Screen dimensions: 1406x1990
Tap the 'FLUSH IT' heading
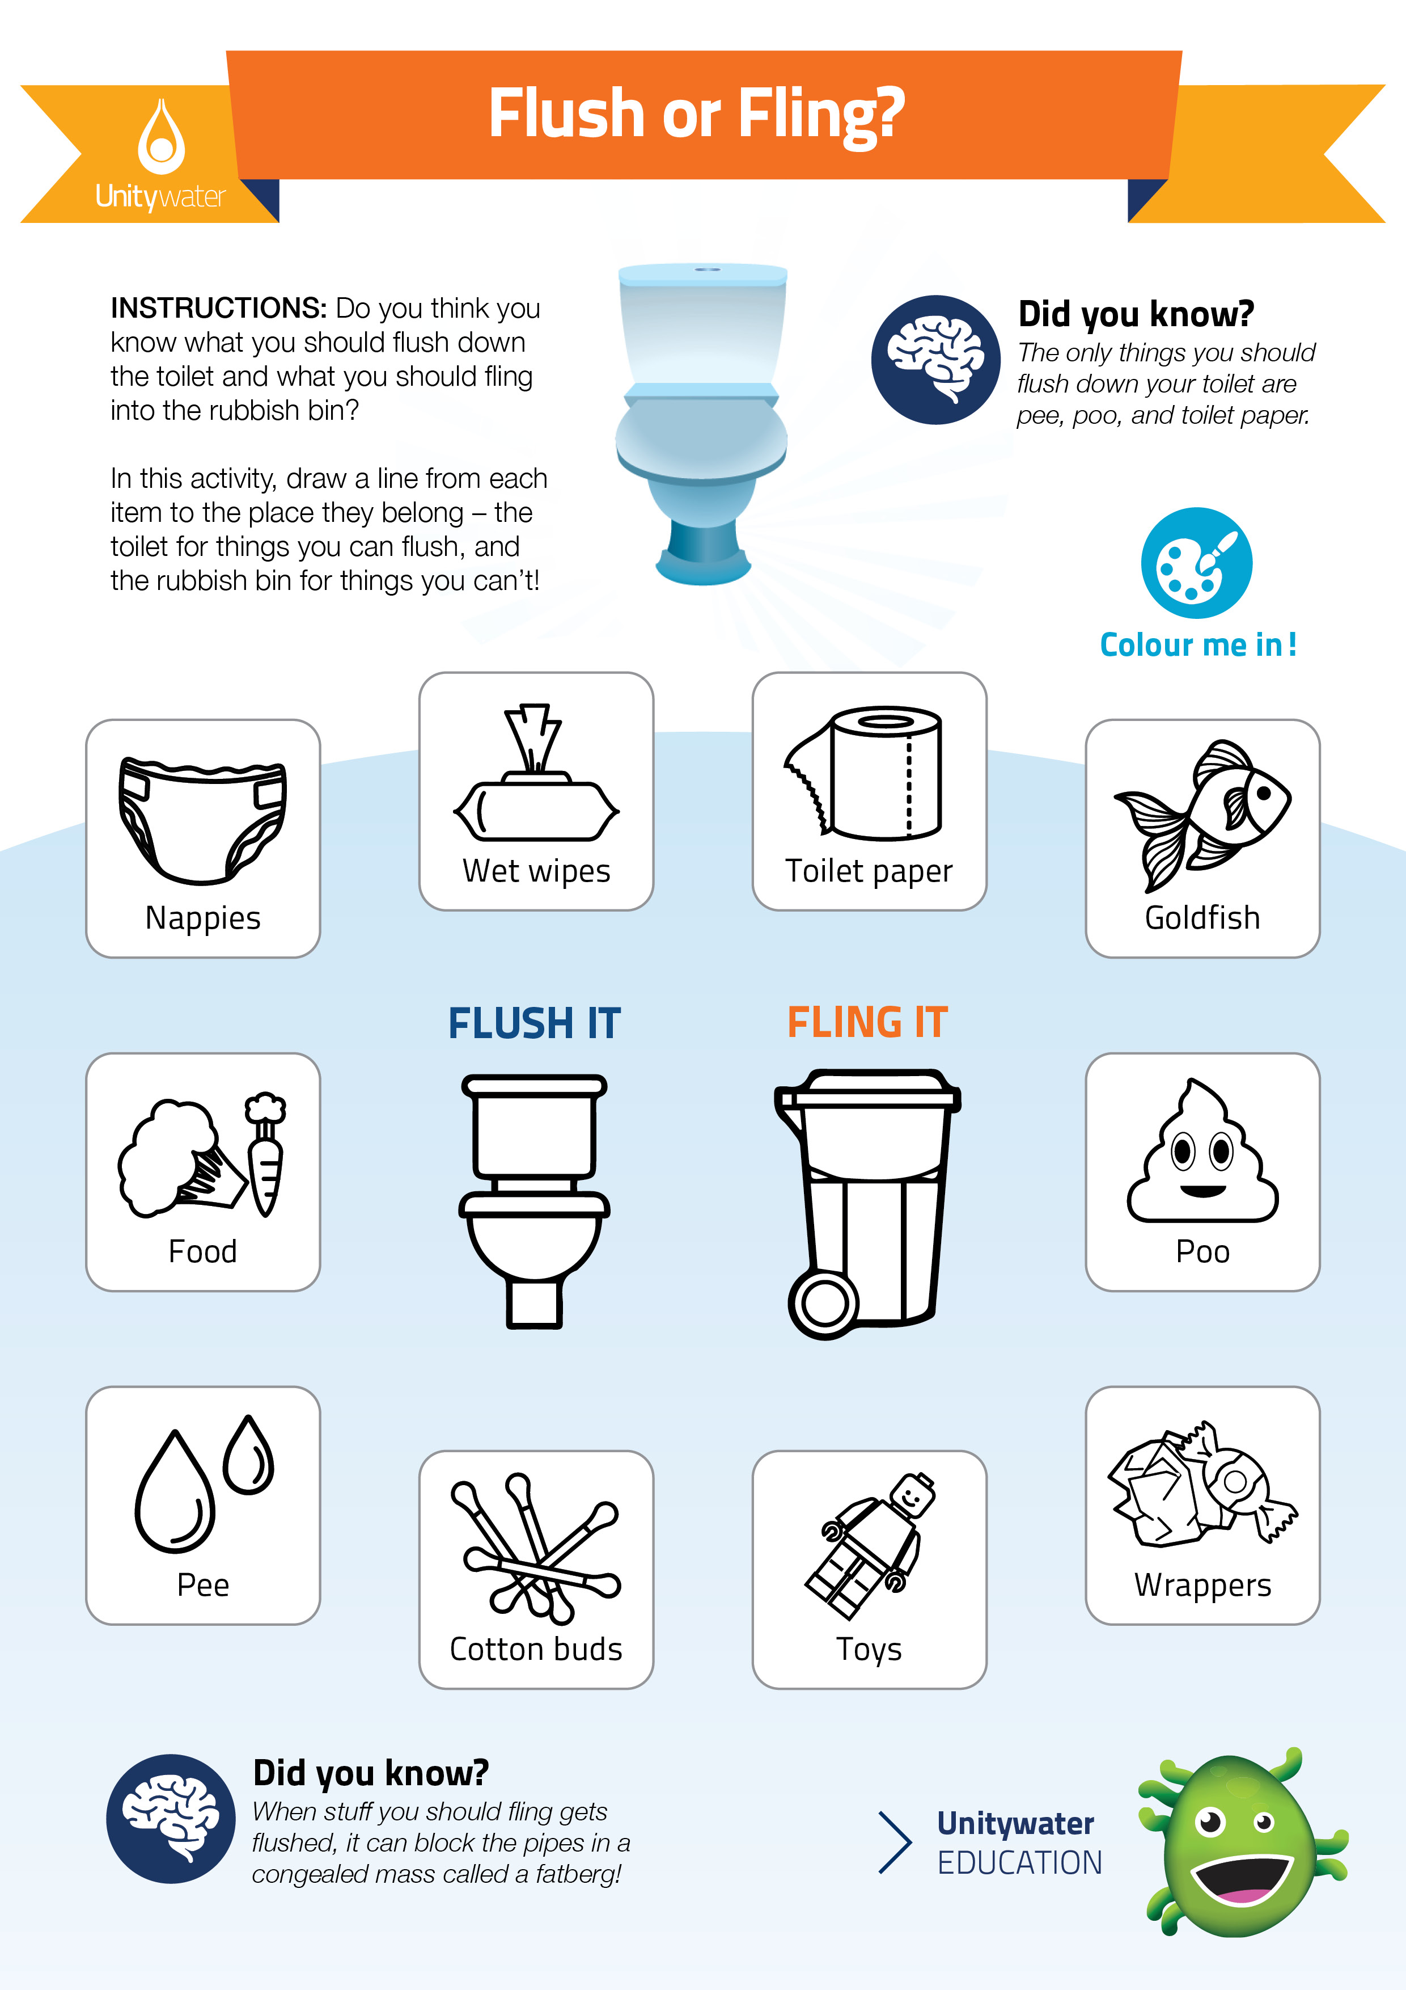point(535,1023)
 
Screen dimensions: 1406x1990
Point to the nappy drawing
point(203,820)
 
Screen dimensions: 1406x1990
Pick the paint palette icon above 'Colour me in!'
point(1196,563)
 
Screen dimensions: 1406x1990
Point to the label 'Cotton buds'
point(536,1649)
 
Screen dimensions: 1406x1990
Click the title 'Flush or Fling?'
point(697,113)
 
